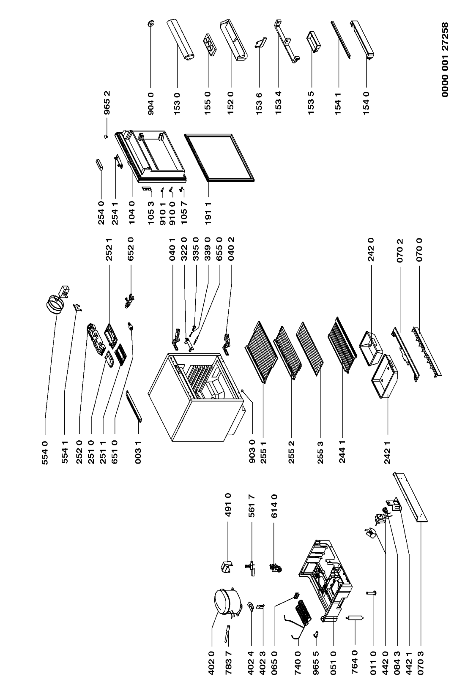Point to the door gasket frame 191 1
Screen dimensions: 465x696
219,158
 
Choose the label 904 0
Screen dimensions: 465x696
150,103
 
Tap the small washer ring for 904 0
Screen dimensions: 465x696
151,23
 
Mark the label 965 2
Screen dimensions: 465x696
107,103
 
